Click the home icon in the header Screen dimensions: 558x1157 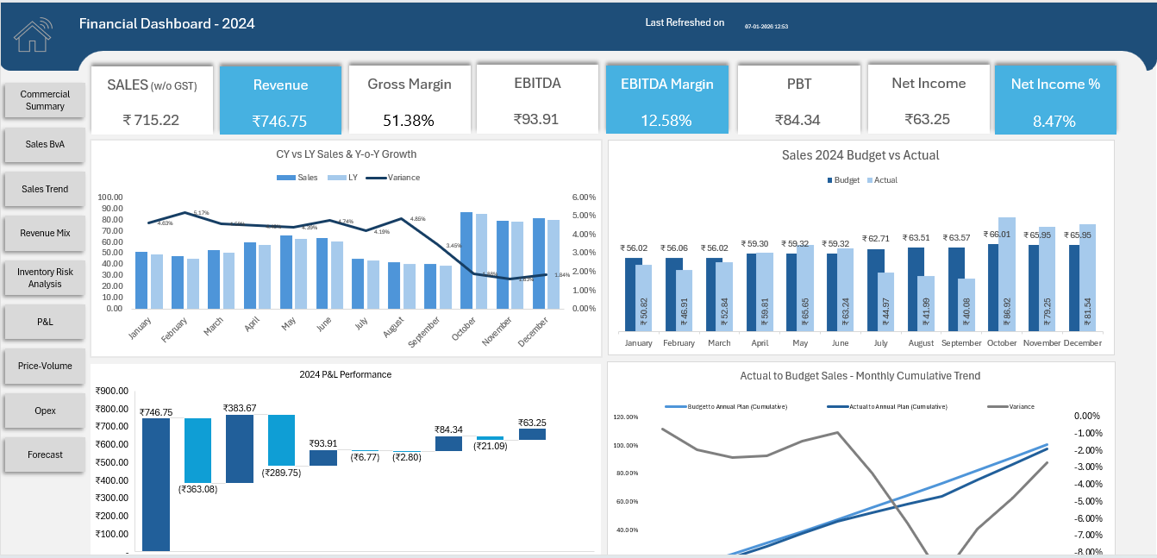[x=33, y=34]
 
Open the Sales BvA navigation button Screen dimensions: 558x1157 [x=45, y=144]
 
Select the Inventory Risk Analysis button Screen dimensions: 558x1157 [x=45, y=278]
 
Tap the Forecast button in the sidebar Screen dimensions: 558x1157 [x=45, y=455]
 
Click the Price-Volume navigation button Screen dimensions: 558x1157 [x=45, y=366]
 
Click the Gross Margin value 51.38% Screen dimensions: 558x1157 [x=408, y=121]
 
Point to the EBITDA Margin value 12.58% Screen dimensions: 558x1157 [x=666, y=121]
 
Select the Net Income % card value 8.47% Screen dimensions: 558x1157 [x=1054, y=122]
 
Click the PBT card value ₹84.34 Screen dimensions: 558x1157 [x=797, y=121]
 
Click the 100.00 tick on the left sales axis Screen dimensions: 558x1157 [x=111, y=197]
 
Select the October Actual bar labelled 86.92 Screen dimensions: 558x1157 [x=1007, y=274]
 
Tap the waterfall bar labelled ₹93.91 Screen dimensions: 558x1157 [x=323, y=458]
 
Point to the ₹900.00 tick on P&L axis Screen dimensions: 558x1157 [x=112, y=391]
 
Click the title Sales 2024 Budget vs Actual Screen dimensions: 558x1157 [x=860, y=155]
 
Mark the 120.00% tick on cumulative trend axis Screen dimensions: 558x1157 [x=626, y=417]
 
